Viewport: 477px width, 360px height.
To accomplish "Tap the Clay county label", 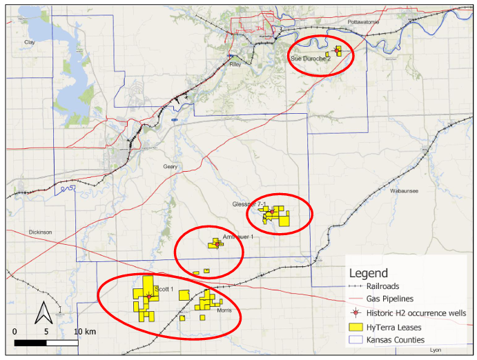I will tap(29, 42).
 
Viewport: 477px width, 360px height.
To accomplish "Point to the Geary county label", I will tap(170, 167).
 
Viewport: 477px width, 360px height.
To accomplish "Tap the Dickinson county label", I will tap(41, 232).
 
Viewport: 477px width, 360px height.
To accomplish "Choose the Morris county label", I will tap(224, 311).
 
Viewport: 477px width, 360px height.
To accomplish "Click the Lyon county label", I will tap(435, 350).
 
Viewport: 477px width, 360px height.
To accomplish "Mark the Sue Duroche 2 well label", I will tap(311, 59).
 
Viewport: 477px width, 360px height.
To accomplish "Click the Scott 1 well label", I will tap(164, 289).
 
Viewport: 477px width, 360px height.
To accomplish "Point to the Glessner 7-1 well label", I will tap(250, 205).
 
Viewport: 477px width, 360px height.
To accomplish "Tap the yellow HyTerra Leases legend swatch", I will tap(356, 327).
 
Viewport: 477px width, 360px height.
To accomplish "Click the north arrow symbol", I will tap(43, 313).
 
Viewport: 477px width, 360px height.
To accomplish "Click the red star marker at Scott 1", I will tap(148, 297).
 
